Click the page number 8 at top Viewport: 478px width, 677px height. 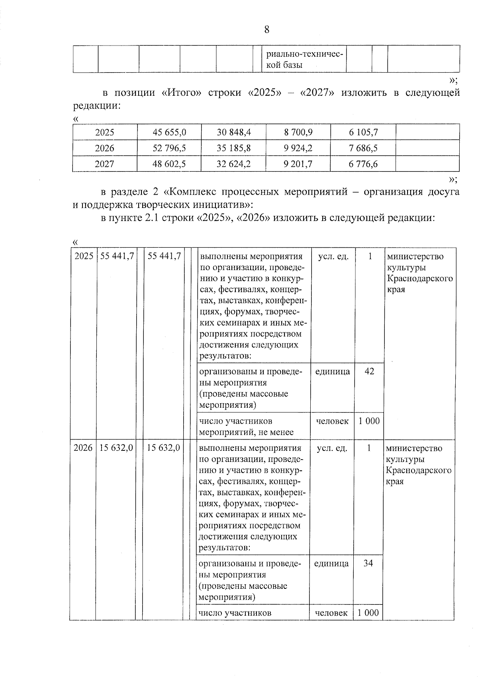pyautogui.click(x=266, y=30)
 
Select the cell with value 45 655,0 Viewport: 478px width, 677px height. pyautogui.click(x=169, y=132)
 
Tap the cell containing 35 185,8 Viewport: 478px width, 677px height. pyautogui.click(x=233, y=148)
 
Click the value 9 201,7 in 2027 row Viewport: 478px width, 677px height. pyautogui.click(x=298, y=164)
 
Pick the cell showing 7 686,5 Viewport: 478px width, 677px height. pyautogui.click(x=363, y=148)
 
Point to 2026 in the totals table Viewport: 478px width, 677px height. pyautogui.click(x=104, y=148)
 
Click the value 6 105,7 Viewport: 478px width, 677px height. pyautogui.click(x=363, y=132)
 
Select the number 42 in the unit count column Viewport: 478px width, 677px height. pyautogui.click(x=369, y=371)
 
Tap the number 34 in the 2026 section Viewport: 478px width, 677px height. pyautogui.click(x=368, y=563)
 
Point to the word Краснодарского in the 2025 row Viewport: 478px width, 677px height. pyautogui.click(x=420, y=278)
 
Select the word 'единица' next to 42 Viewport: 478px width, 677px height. pyautogui.click(x=332, y=371)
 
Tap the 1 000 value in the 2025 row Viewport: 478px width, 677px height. pyautogui.click(x=369, y=421)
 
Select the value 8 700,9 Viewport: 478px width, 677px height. pyautogui.click(x=298, y=132)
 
